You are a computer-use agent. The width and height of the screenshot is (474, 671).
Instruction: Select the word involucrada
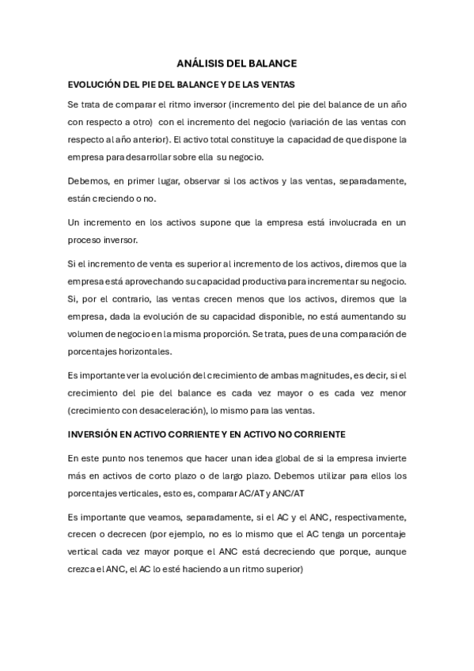click(341, 223)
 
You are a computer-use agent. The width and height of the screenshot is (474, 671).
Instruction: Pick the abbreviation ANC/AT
click(287, 495)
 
